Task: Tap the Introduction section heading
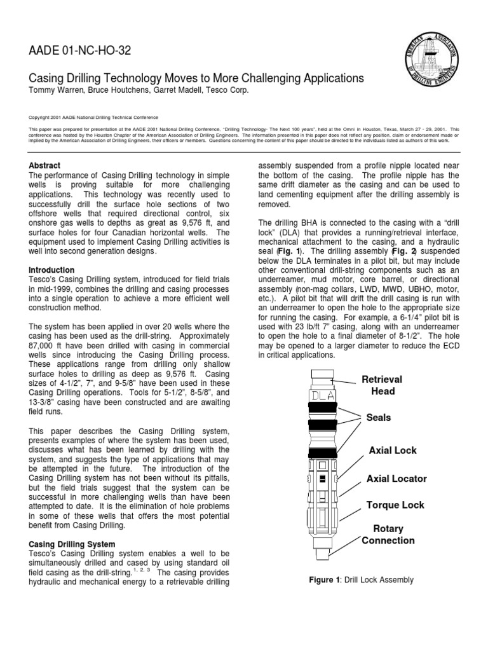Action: point(55,270)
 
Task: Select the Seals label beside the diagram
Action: point(378,418)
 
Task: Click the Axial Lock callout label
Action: point(393,450)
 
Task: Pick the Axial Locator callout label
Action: point(396,478)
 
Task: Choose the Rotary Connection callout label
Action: point(388,535)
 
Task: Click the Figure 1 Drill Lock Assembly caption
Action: point(361,580)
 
